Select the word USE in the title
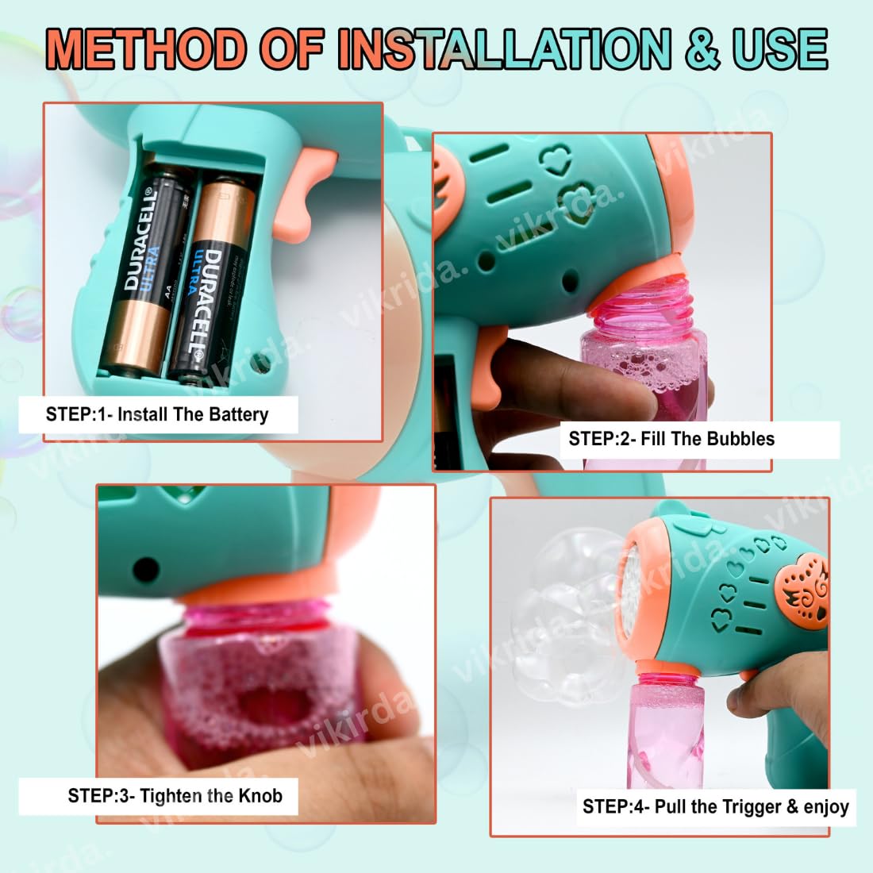(781, 49)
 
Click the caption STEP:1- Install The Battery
(158, 414)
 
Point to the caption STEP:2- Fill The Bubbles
(671, 439)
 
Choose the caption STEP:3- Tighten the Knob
(175, 796)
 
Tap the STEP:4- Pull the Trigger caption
(715, 807)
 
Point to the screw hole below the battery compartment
(257, 364)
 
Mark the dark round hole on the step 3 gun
(145, 568)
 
